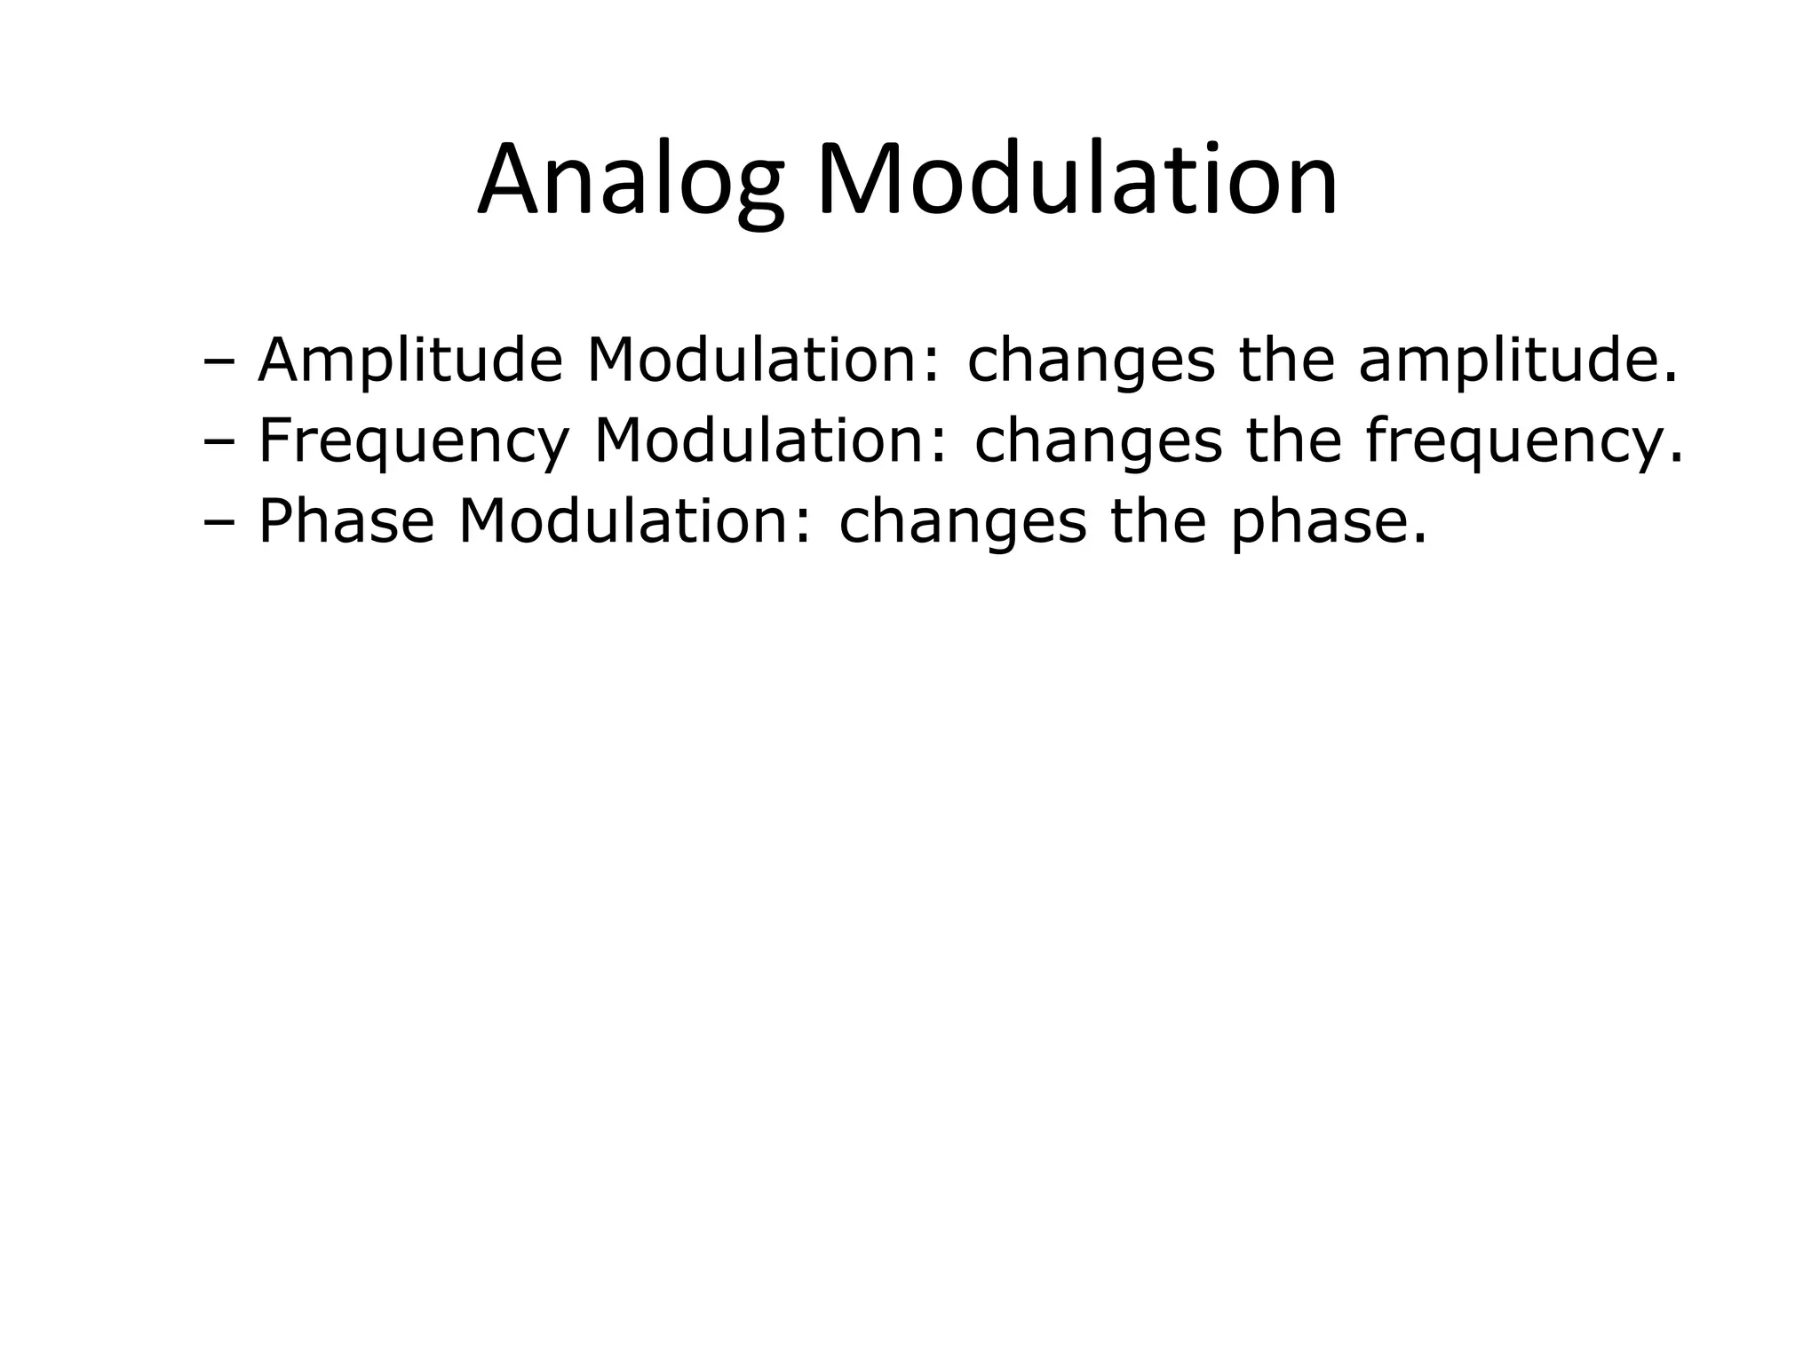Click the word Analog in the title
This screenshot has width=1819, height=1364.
pyautogui.click(x=631, y=181)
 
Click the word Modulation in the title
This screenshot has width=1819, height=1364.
pyautogui.click(x=1076, y=181)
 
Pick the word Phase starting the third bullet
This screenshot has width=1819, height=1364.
pyautogui.click(x=346, y=521)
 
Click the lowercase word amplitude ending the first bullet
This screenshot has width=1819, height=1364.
pyautogui.click(x=1517, y=361)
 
